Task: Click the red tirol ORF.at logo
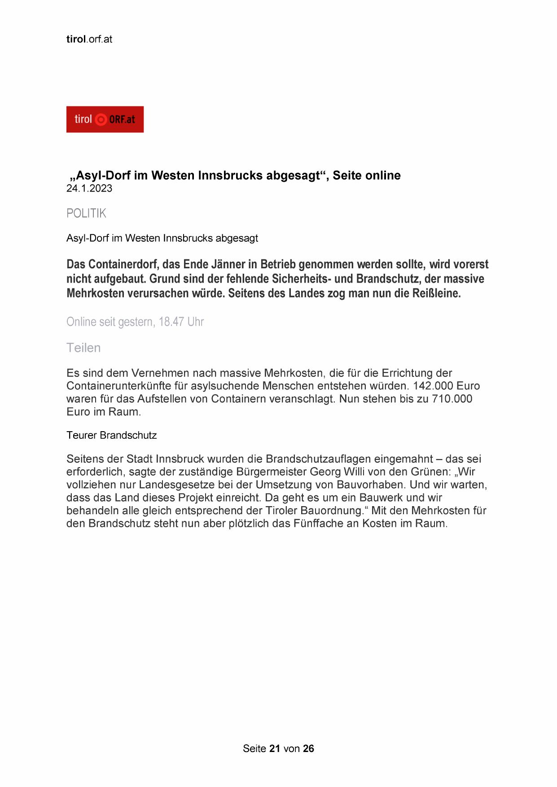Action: pyautogui.click(x=105, y=119)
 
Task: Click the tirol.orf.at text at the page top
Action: pyautogui.click(x=89, y=39)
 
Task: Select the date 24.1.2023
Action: pyautogui.click(x=89, y=188)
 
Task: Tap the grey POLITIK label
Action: pyautogui.click(x=86, y=213)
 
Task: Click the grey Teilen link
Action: pyautogui.click(x=83, y=348)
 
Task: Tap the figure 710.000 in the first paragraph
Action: pyautogui.click(x=452, y=399)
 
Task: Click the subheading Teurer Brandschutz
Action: pyautogui.click(x=111, y=435)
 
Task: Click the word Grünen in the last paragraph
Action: pyautogui.click(x=430, y=472)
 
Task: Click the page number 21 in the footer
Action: pyautogui.click(x=275, y=748)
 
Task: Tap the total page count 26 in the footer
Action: pyautogui.click(x=308, y=748)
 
